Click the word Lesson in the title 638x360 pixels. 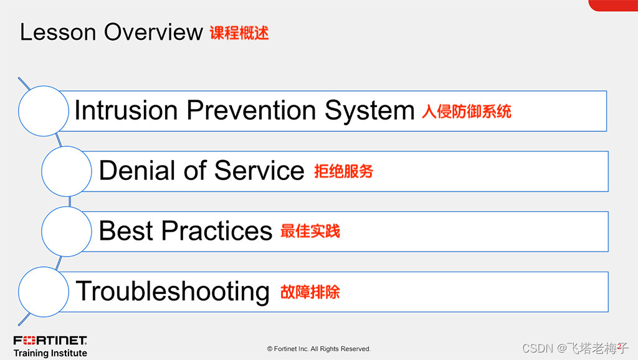coord(58,32)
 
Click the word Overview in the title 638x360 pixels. coord(153,32)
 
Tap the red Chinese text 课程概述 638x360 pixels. coord(239,33)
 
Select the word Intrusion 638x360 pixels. coord(126,110)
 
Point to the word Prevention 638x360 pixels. coord(252,110)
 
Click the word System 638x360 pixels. coord(370,111)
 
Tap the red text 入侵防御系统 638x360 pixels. coord(467,111)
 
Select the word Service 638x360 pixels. coord(259,171)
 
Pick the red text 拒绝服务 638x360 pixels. coord(344,171)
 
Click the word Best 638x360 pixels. coord(126,230)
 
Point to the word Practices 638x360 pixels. coord(217,230)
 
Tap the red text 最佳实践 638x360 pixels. coord(310,231)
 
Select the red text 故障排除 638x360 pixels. coord(310,291)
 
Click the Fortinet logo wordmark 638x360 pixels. coord(50,341)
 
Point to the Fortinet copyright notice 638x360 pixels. coord(318,349)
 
